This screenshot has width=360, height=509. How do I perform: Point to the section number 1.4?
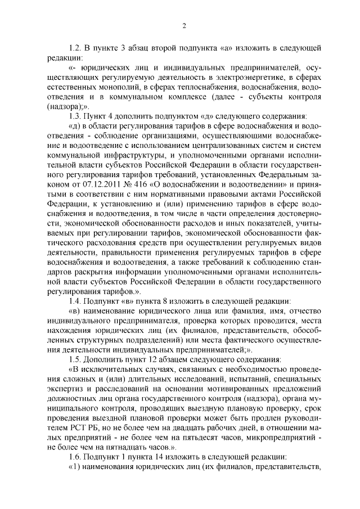73,302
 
